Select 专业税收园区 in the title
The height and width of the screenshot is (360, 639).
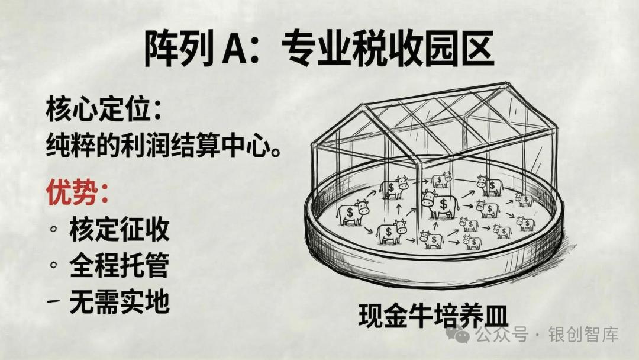(388, 49)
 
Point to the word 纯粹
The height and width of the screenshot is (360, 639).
(70, 146)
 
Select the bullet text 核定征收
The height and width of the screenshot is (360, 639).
(119, 229)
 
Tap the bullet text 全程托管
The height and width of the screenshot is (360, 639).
(119, 266)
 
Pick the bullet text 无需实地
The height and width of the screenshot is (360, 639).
(119, 303)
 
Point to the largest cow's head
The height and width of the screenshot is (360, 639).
(429, 197)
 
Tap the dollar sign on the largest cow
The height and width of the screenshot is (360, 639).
(443, 204)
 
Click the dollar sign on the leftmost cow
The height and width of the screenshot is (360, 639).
(349, 211)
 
